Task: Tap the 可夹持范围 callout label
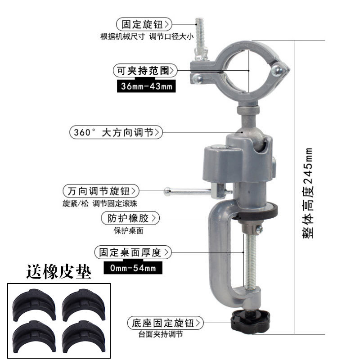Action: pos(144,70)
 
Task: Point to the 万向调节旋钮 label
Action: pos(101,190)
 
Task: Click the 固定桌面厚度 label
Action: pos(132,252)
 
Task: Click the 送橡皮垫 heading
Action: pos(59,272)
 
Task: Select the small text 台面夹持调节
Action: pos(161,335)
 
